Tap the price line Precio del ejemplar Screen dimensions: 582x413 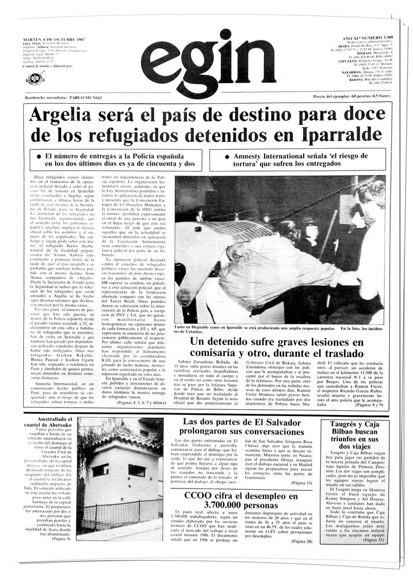point(349,97)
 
